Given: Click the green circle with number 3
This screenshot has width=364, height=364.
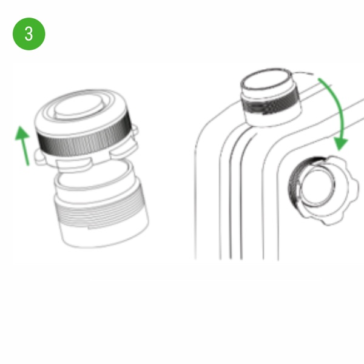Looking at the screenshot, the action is point(29,34).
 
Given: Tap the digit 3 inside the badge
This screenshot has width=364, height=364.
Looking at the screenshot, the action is point(29,34).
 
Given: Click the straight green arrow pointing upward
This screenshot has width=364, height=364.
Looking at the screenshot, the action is point(23,146).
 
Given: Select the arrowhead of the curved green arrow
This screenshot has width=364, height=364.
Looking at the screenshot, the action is point(340,143).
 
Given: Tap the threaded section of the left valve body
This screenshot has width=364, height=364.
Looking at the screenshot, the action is point(101,210).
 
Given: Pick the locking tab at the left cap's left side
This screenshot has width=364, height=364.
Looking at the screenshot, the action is point(41,158).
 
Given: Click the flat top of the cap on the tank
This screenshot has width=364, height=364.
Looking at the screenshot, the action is point(266,79).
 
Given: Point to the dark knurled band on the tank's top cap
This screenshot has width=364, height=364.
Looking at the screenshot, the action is point(269,103).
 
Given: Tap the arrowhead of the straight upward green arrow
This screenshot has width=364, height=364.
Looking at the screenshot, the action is point(22,133).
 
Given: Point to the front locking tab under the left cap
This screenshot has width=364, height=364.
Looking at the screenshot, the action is point(73,164).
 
